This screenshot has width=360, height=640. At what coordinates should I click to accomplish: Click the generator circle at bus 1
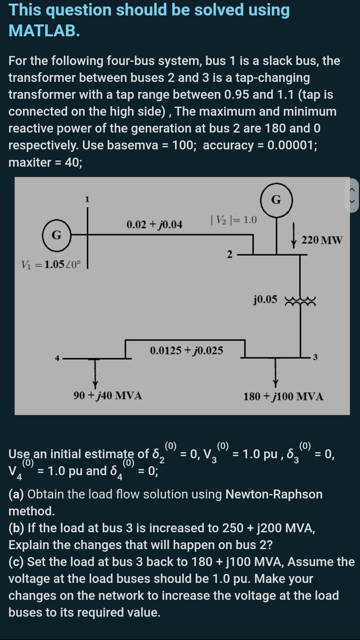[56, 235]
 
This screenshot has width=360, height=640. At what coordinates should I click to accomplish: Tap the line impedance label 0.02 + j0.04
[154, 225]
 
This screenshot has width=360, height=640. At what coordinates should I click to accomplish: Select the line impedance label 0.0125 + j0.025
[186, 350]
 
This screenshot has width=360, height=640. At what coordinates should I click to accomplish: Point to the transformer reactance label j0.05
[265, 299]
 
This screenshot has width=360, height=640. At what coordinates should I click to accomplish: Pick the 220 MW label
[322, 240]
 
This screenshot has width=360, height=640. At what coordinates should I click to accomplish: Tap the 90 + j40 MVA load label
[108, 396]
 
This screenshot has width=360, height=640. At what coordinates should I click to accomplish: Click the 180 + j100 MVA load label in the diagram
[283, 396]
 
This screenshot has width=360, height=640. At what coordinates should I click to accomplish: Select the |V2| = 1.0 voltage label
[234, 219]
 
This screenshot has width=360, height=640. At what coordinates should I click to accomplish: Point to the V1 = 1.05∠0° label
[51, 265]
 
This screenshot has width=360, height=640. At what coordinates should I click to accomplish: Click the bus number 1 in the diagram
[87, 199]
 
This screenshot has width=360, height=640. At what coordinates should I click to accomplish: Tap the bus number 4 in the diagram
[57, 358]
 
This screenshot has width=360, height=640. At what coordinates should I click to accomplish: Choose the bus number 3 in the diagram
[315, 357]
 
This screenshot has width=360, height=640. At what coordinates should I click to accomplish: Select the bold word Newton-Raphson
[274, 494]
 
